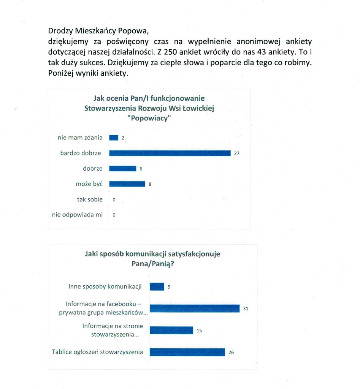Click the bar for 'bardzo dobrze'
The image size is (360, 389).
170,153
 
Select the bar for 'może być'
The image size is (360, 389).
127,184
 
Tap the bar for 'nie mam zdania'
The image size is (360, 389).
114,138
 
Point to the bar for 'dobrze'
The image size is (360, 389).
122,169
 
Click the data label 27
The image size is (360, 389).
236,153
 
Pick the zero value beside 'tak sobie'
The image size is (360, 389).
114,199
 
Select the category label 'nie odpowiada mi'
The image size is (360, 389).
78,215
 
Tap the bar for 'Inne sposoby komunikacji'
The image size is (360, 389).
157,286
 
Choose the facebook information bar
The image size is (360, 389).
195,308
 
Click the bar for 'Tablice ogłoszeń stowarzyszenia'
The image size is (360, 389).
187,352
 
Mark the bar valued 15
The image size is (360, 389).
171,330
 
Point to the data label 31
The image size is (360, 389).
246,309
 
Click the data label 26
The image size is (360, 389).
231,352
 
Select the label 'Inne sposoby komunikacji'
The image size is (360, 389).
105,286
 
